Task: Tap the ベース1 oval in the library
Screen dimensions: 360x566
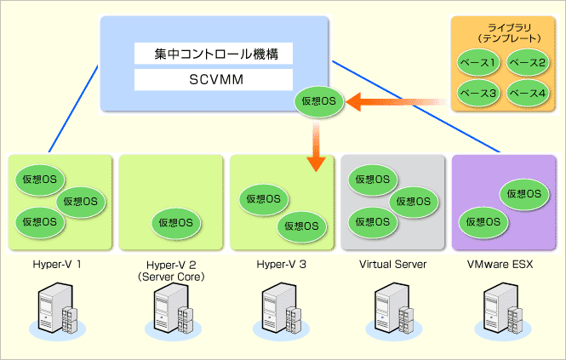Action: [x=477, y=62]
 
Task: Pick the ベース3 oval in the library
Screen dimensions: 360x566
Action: [x=477, y=91]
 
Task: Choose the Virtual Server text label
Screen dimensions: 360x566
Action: [x=392, y=265]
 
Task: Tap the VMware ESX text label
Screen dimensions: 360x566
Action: [x=500, y=265]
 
